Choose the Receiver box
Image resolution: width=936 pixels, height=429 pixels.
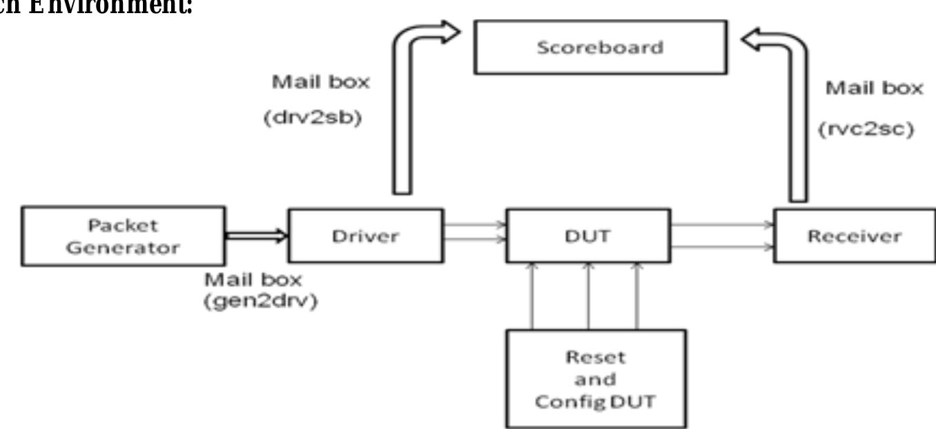(854, 236)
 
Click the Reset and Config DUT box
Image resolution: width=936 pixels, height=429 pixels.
(596, 379)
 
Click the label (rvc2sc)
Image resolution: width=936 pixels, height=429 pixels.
(872, 130)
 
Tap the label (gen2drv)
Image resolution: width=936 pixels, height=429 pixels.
(261, 303)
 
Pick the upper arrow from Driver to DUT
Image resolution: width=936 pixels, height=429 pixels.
(473, 223)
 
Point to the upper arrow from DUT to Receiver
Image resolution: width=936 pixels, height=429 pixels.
(721, 224)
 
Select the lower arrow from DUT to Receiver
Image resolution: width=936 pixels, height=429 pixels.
(721, 246)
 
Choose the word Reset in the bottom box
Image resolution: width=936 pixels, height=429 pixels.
(596, 358)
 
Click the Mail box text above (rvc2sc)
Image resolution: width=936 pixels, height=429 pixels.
(874, 88)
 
